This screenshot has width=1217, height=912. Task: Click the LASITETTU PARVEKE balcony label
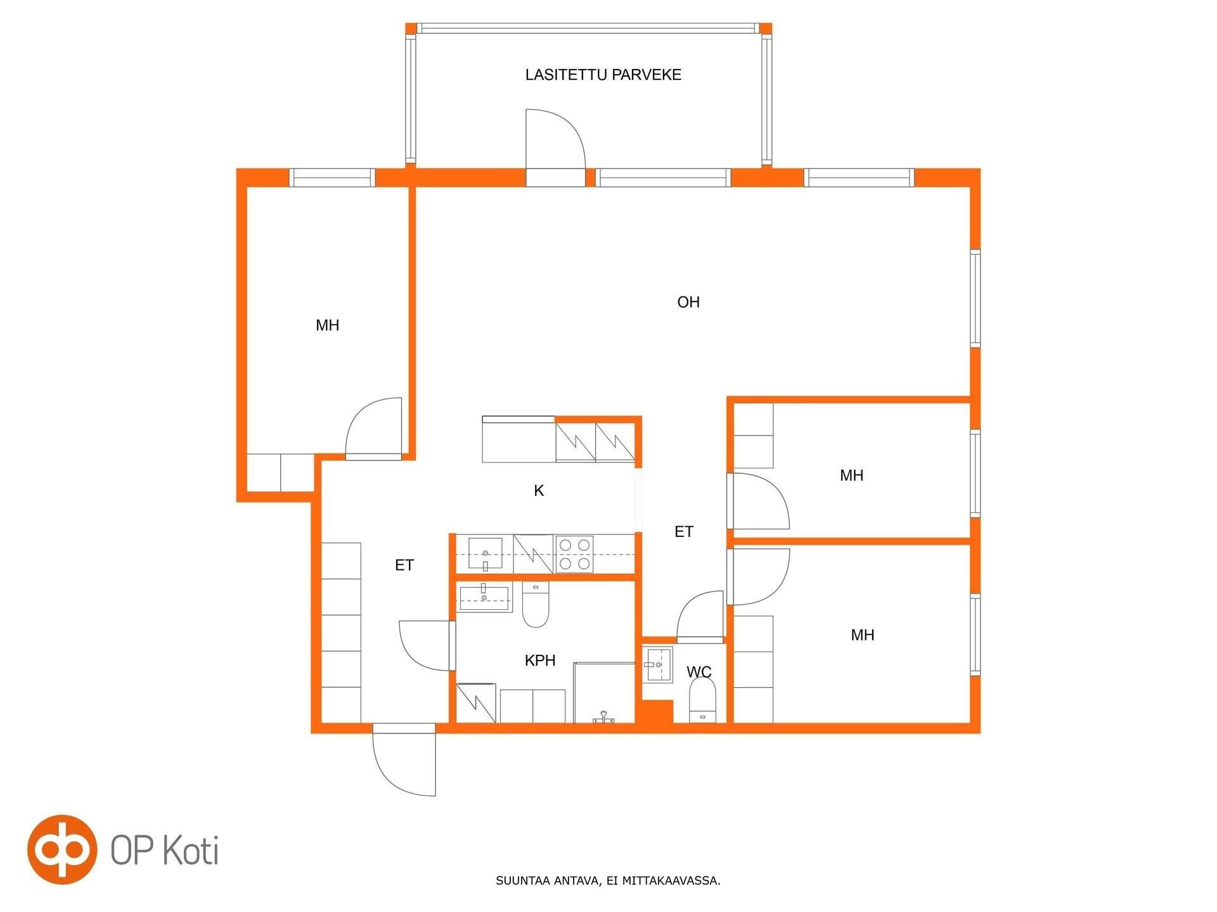pyautogui.click(x=603, y=75)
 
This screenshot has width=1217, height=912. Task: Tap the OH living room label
pyautogui.click(x=688, y=302)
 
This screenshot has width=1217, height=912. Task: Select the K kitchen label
pyautogui.click(x=539, y=491)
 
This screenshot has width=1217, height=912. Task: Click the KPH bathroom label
pyautogui.click(x=540, y=661)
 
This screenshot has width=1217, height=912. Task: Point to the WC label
pyautogui.click(x=699, y=671)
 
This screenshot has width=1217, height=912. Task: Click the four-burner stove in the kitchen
pyautogui.click(x=574, y=554)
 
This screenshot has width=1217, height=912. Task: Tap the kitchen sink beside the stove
pyautogui.click(x=485, y=555)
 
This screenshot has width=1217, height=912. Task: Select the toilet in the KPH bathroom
pyautogui.click(x=536, y=605)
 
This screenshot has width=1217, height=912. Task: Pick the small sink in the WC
pyautogui.click(x=657, y=665)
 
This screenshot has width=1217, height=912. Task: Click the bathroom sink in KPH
pyautogui.click(x=484, y=598)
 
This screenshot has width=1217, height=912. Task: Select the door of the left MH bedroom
pyautogui.click(x=374, y=428)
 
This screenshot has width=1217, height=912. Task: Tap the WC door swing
pyautogui.click(x=700, y=616)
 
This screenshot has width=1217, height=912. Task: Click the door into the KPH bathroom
pyautogui.click(x=427, y=645)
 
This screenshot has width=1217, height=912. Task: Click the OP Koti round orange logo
pyautogui.click(x=62, y=849)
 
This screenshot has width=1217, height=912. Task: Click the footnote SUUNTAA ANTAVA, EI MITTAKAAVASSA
pyautogui.click(x=608, y=880)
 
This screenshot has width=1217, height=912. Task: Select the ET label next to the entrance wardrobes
pyautogui.click(x=404, y=565)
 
